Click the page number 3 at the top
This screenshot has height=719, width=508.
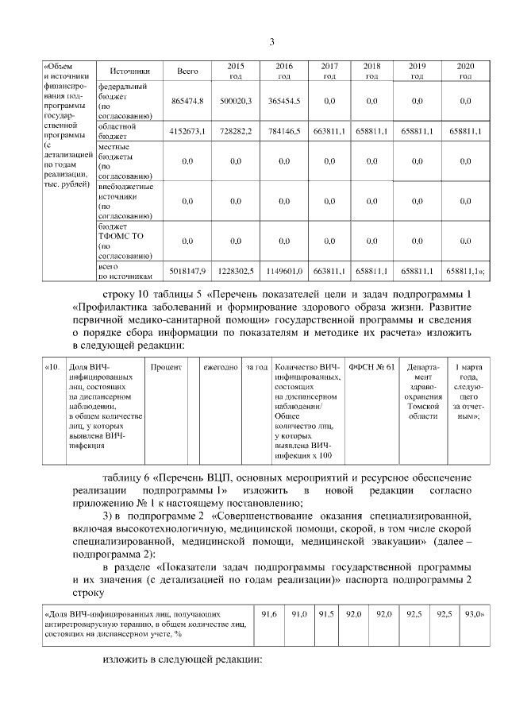click(271, 42)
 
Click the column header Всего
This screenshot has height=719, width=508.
click(187, 71)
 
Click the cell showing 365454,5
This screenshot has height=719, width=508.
click(283, 101)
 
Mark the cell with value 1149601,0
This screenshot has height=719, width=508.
click(283, 272)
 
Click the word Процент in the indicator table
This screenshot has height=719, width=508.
click(167, 368)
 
